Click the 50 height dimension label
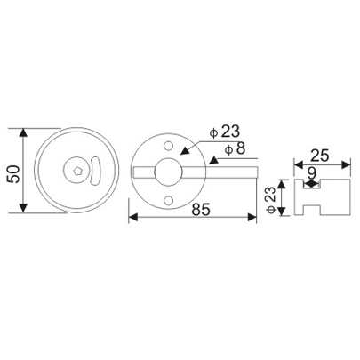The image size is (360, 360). [12, 171]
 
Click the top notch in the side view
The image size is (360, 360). [310, 184]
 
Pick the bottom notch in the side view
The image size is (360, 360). [310, 214]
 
